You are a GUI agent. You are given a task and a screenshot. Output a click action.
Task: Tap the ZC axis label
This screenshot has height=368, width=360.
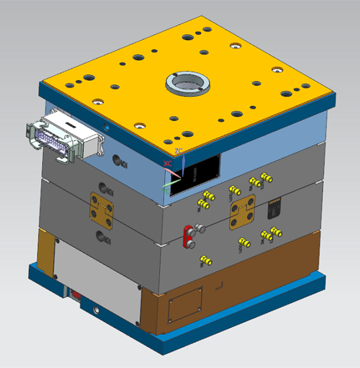pyautogui.click(x=178, y=151)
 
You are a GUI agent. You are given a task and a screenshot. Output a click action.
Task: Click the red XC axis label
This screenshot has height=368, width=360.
pyautogui.click(x=167, y=164)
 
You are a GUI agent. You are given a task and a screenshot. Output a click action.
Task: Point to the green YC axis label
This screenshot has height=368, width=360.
pyautogui.click(x=166, y=191)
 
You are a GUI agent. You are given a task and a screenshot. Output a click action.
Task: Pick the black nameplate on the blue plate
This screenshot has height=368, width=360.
pyautogui.click(x=196, y=174)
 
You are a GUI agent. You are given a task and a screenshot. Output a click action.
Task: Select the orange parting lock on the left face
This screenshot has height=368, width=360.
pyautogui.click(x=102, y=212)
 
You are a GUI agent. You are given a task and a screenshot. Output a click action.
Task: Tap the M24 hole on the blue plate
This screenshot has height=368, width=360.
pyautogui.click(x=119, y=161)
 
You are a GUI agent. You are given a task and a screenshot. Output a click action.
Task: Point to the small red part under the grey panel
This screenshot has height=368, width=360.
pyautogui.click(x=75, y=295)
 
